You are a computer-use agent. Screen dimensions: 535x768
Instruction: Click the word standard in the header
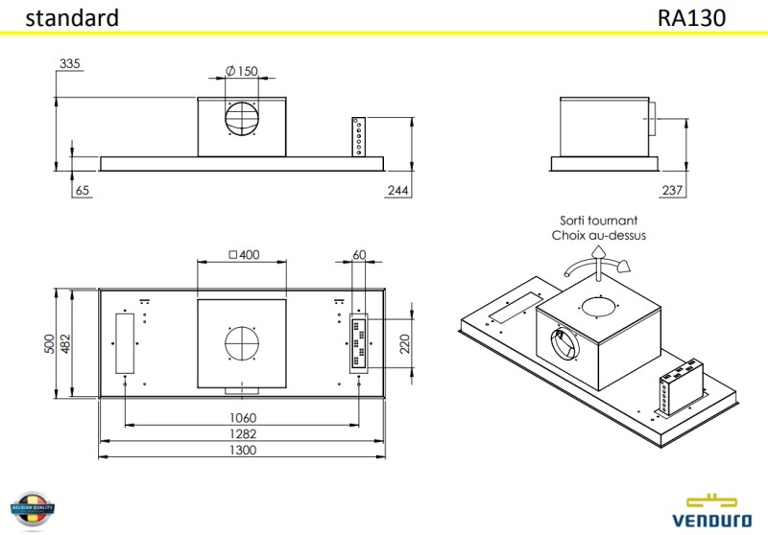pyautogui.click(x=72, y=17)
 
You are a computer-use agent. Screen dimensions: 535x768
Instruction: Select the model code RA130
pyautogui.click(x=691, y=17)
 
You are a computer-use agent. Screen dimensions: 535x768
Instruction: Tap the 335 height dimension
pyautogui.click(x=70, y=64)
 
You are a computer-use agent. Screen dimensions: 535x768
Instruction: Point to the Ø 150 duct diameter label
pyautogui.click(x=243, y=71)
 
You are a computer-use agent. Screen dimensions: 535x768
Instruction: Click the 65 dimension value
pyautogui.click(x=82, y=192)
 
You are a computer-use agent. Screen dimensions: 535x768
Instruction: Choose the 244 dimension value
pyautogui.click(x=397, y=192)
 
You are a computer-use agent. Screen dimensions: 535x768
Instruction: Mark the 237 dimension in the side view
pyautogui.click(x=673, y=191)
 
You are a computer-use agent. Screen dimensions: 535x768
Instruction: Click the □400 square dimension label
pyautogui.click(x=245, y=255)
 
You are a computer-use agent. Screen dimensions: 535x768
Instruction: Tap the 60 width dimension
pyautogui.click(x=360, y=255)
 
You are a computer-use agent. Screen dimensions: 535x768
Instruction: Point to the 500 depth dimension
pyautogui.click(x=50, y=343)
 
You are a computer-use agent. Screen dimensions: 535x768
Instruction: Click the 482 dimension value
pyautogui.click(x=66, y=343)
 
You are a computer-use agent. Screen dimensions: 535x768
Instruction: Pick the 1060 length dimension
pyautogui.click(x=244, y=418)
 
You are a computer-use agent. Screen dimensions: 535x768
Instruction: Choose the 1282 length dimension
pyautogui.click(x=244, y=434)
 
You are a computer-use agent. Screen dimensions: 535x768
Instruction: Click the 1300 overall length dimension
pyautogui.click(x=244, y=451)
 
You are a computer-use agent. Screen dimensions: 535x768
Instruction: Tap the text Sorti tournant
pyautogui.click(x=598, y=220)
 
